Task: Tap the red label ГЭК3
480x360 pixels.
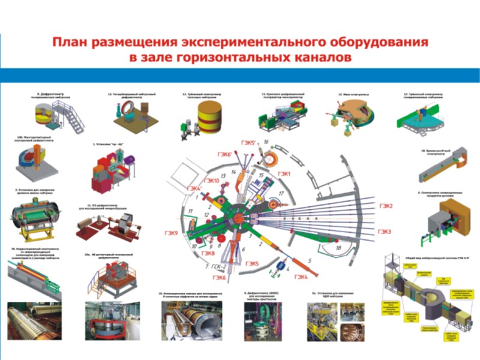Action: (385, 232)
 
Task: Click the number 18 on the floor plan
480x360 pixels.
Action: (338, 248)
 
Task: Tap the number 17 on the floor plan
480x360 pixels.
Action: (280, 193)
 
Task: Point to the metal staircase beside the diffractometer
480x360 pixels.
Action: (73, 118)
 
